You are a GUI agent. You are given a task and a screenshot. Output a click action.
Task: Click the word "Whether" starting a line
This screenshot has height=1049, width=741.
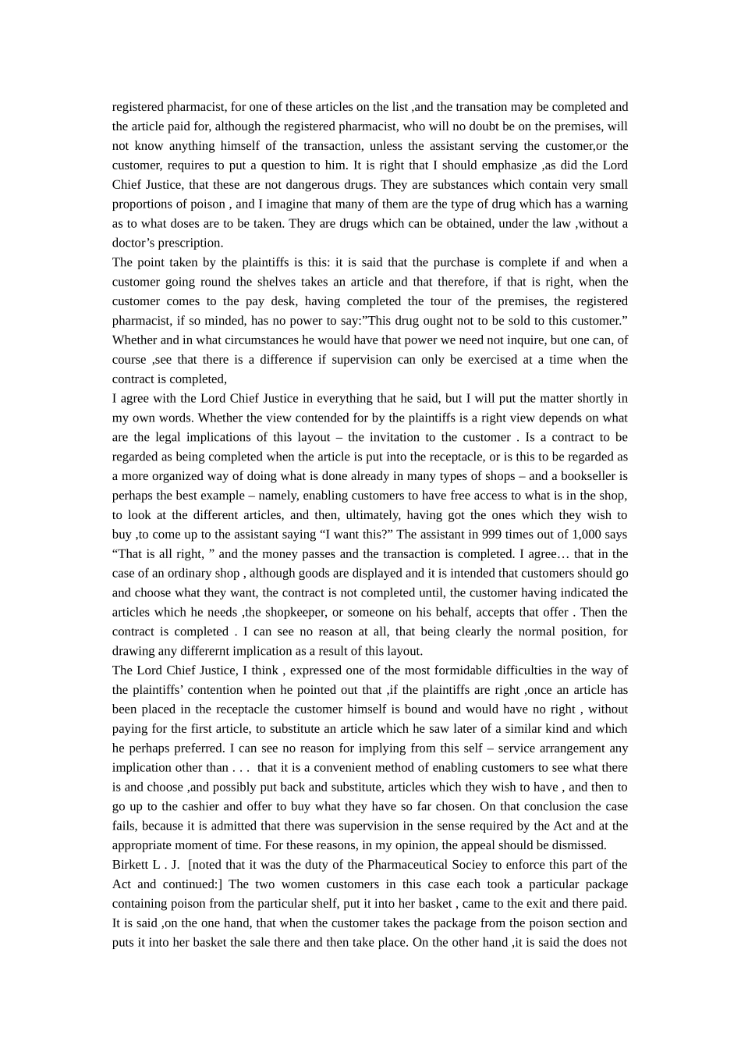pyautogui.click(x=133, y=340)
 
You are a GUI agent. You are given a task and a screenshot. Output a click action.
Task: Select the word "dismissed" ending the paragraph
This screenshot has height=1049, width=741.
pyautogui.click(x=579, y=845)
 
